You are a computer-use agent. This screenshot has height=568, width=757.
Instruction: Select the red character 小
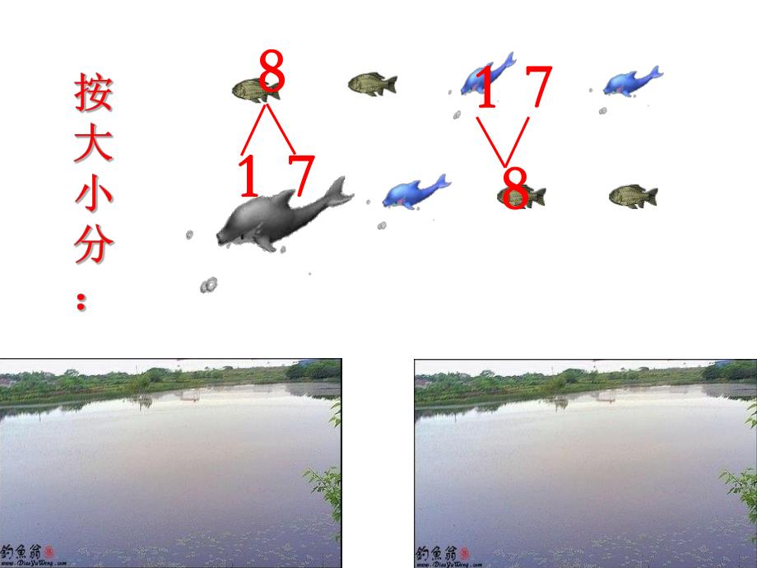(93, 194)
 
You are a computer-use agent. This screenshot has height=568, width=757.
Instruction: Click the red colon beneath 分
(81, 302)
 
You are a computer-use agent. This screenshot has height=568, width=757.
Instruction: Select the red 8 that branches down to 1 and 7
(272, 72)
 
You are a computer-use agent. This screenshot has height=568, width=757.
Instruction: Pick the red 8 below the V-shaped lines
(515, 189)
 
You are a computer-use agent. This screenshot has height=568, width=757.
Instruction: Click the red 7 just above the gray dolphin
(301, 175)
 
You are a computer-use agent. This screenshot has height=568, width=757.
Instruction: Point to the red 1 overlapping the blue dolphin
(487, 89)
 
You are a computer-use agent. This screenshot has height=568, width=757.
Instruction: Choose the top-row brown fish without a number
(372, 83)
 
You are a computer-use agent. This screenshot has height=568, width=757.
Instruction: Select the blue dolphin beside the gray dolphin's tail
(416, 191)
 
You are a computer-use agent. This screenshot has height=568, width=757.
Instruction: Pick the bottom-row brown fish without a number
(633, 196)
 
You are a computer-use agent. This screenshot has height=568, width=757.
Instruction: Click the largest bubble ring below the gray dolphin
(209, 285)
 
